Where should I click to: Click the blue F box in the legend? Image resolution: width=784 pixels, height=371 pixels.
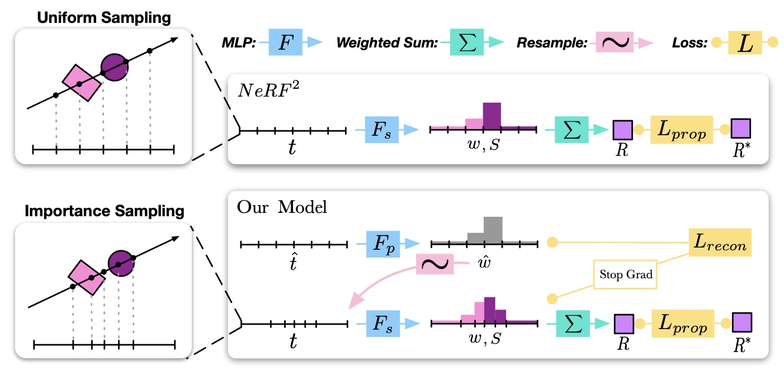[286, 42]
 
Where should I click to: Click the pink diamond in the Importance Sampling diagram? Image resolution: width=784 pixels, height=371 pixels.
[87, 278]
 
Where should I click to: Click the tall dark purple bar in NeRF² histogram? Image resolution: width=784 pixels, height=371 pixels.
[492, 116]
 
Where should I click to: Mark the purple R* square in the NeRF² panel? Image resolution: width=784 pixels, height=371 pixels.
[741, 130]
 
